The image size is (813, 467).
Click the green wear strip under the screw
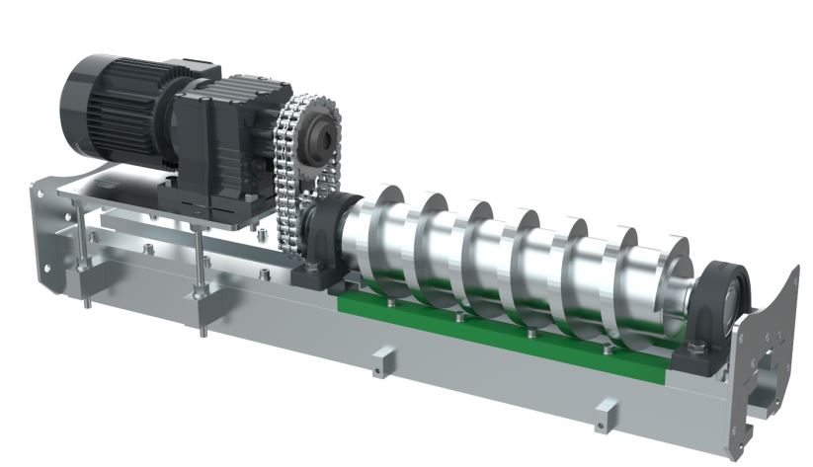coord(494,331)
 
